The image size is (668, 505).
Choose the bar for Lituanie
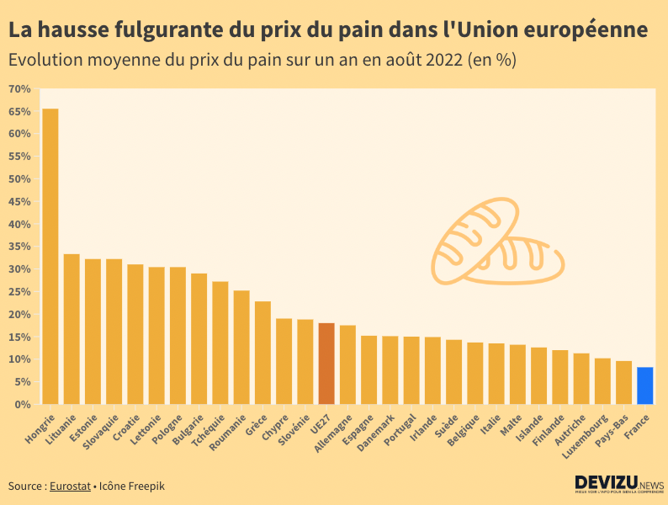72,329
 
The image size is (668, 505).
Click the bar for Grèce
262,353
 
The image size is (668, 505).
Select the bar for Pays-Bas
623,383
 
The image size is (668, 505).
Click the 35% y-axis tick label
19,247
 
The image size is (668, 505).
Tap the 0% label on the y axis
23,404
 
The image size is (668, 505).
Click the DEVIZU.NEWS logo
619,484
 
